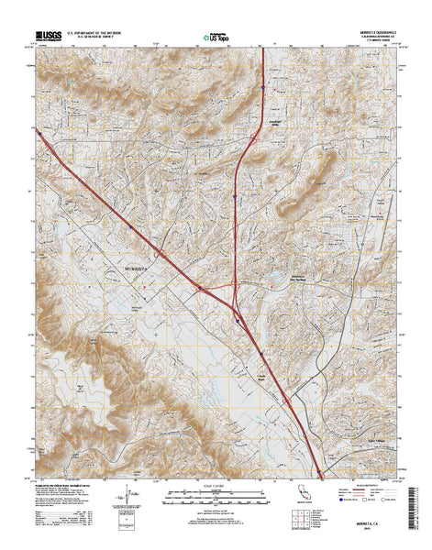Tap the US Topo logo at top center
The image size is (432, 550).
point(214,37)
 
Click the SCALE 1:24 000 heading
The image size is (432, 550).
point(213,487)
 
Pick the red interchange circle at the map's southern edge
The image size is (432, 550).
point(320,473)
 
